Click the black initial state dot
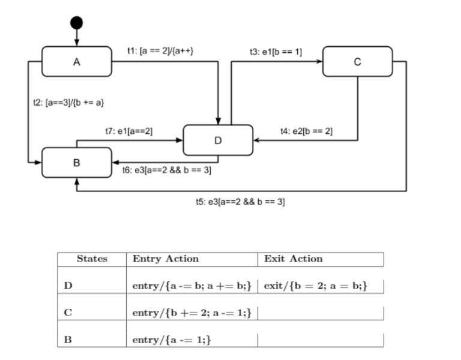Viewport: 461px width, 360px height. coord(76,23)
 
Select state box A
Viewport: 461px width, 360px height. coord(76,61)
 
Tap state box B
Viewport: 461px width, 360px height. coord(76,162)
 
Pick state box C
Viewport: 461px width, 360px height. coord(357,61)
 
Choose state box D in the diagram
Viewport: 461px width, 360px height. coord(217,140)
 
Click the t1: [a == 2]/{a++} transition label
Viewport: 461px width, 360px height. coord(160,52)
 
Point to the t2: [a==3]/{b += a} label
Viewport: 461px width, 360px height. coord(69,103)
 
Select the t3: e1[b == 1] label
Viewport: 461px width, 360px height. coord(276,53)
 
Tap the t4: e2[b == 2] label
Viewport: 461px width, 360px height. coord(306,131)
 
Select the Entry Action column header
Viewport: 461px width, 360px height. coord(165,259)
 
